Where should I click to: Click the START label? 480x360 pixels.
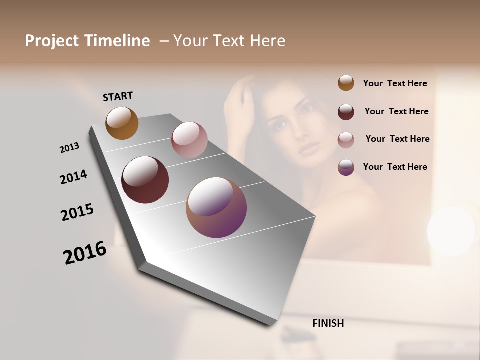click(118, 96)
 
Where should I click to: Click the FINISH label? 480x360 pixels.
click(328, 323)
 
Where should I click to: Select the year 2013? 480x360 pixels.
click(69, 148)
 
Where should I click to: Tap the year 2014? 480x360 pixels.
click(73, 177)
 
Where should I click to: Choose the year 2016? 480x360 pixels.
click(85, 253)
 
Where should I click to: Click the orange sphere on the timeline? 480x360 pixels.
click(122, 123)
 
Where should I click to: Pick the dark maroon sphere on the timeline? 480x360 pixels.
click(145, 180)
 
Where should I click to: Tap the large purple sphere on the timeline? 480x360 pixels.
click(216, 207)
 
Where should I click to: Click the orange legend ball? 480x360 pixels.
click(346, 83)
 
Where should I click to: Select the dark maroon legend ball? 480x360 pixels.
click(346, 112)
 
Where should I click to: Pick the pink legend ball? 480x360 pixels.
click(346, 140)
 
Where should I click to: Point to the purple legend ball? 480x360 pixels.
click(346, 167)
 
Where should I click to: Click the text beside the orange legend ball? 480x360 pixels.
click(395, 83)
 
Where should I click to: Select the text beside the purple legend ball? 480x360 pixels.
click(395, 167)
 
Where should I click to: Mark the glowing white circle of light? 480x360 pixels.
click(451, 231)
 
